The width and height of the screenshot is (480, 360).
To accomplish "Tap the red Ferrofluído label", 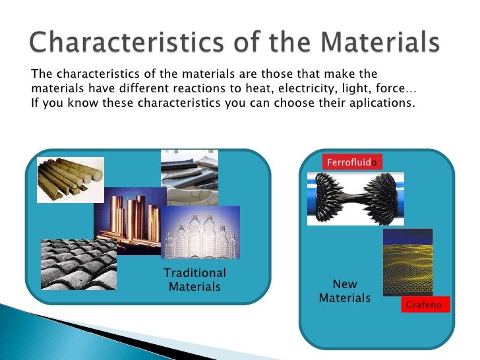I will tap(352, 162).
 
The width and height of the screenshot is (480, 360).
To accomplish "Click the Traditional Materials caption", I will tap(195, 280).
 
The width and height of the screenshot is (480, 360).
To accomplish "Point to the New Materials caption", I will tap(345, 291).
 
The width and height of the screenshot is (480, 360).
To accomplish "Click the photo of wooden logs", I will tap(70, 179).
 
